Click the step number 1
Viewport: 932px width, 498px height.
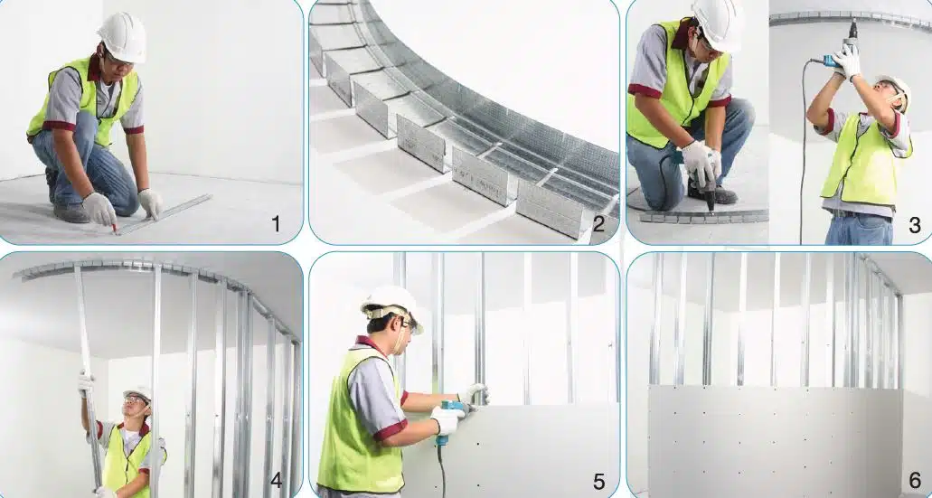(x=276, y=224)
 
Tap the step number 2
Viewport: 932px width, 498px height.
(x=598, y=224)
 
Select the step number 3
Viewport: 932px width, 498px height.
(x=915, y=225)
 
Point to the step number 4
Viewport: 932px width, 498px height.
(x=277, y=480)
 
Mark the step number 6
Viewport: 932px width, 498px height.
(x=915, y=480)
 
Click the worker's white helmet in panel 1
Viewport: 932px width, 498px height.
(x=122, y=37)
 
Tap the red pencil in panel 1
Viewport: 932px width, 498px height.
(x=114, y=227)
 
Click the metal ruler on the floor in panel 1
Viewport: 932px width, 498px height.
(x=163, y=214)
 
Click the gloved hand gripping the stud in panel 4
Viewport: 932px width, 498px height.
(x=86, y=383)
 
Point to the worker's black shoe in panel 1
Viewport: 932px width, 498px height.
(x=71, y=213)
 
